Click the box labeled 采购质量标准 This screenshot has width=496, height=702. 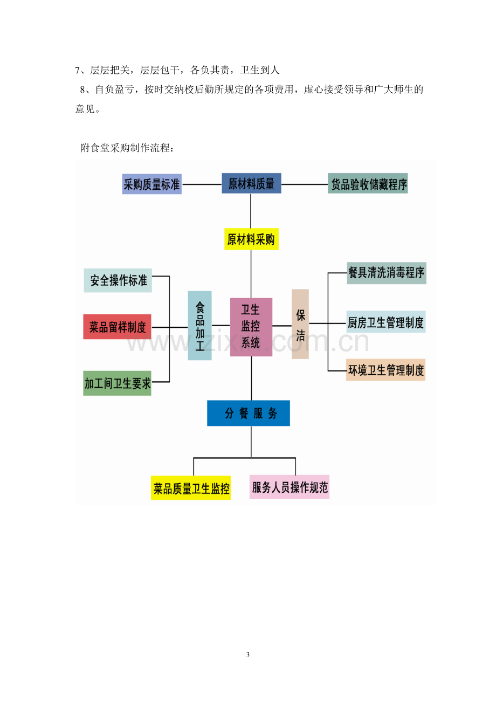(151, 184)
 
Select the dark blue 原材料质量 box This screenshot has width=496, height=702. (251, 183)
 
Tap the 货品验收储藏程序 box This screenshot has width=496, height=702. (368, 183)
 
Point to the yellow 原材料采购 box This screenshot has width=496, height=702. (251, 239)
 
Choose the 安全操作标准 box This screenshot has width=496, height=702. (118, 280)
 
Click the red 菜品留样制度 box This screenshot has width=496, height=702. (117, 327)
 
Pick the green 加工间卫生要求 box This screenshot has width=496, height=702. (117, 383)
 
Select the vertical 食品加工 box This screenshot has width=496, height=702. (199, 325)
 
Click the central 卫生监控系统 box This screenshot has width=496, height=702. (251, 327)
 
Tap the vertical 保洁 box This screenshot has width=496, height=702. (300, 324)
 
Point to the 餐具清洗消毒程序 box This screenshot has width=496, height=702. (387, 273)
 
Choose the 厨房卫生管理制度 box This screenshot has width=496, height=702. (385, 321)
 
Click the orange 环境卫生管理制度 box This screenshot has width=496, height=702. (385, 370)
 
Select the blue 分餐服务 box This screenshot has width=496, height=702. (249, 413)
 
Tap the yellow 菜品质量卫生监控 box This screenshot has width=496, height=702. (191, 487)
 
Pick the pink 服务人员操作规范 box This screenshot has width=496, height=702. (290, 487)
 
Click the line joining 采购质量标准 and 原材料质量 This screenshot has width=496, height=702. (202, 184)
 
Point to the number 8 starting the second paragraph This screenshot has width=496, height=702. (82, 90)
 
